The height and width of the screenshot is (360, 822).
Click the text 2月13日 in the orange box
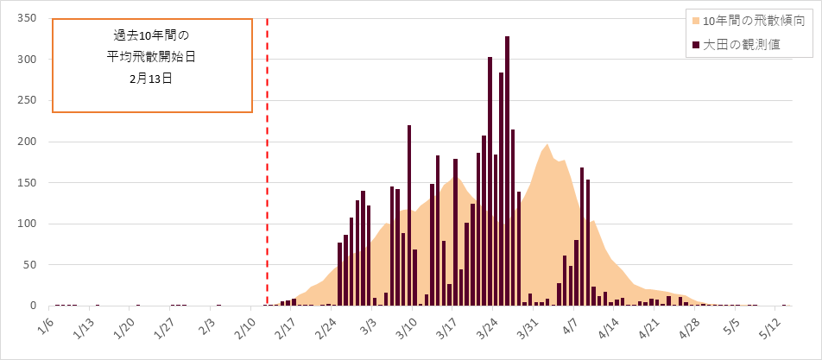(x=151, y=77)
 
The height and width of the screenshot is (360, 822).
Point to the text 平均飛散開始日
(x=151, y=56)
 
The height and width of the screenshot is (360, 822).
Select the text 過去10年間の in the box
(x=151, y=35)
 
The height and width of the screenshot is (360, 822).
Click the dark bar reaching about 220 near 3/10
(x=409, y=216)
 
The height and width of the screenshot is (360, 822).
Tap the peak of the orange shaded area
(x=547, y=145)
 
